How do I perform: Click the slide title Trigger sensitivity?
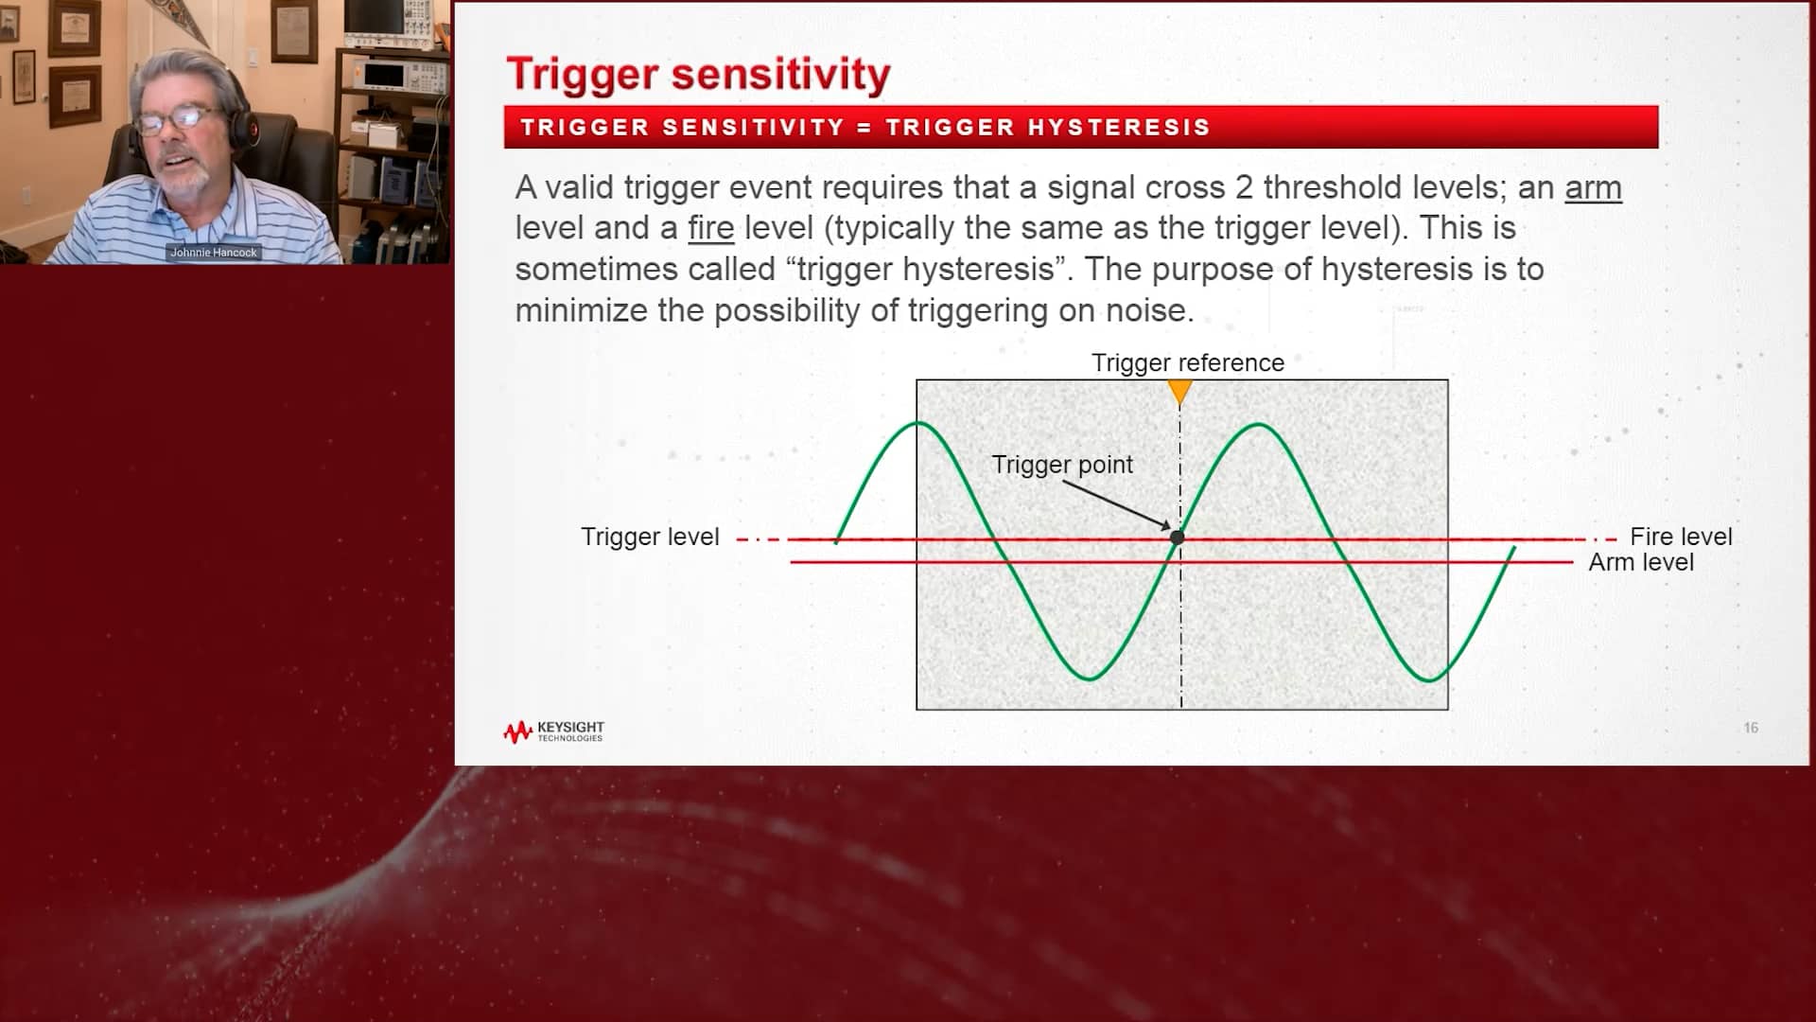[698, 74]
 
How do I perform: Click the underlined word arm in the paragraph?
[1593, 187]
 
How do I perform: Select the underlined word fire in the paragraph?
[710, 228]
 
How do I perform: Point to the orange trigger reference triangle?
[1179, 390]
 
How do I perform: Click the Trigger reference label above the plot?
[1187, 362]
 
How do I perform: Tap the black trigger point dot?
[1178, 537]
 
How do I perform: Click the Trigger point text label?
[1061, 465]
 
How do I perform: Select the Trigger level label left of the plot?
[650, 537]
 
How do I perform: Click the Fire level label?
[1680, 537]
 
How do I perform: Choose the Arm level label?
[1640, 562]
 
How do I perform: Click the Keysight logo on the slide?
[553, 731]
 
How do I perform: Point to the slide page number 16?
[1751, 728]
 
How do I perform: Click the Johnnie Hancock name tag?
[214, 253]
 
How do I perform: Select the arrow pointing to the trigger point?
[1116, 503]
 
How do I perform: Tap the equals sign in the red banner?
[864, 128]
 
